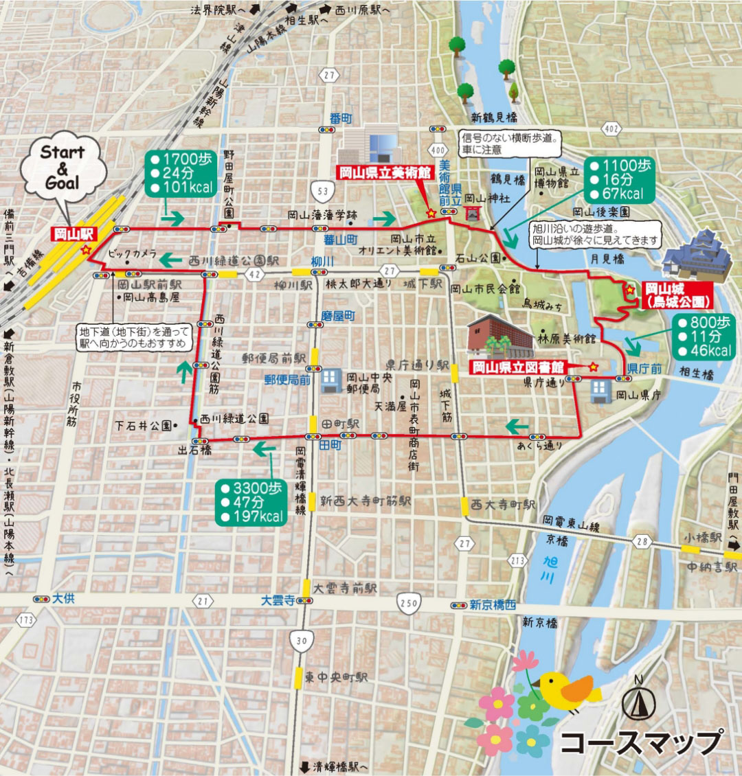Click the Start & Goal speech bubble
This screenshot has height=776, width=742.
coord(63,168)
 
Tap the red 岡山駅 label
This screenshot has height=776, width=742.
coord(74,233)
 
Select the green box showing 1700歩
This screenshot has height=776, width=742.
coord(181,174)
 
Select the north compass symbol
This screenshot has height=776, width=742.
coord(638,701)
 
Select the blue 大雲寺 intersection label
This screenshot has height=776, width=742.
coord(277,600)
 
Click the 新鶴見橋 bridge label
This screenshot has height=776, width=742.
coord(494,117)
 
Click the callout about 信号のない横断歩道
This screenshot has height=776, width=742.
coord(510,143)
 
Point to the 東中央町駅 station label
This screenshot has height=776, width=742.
coord(336,677)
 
